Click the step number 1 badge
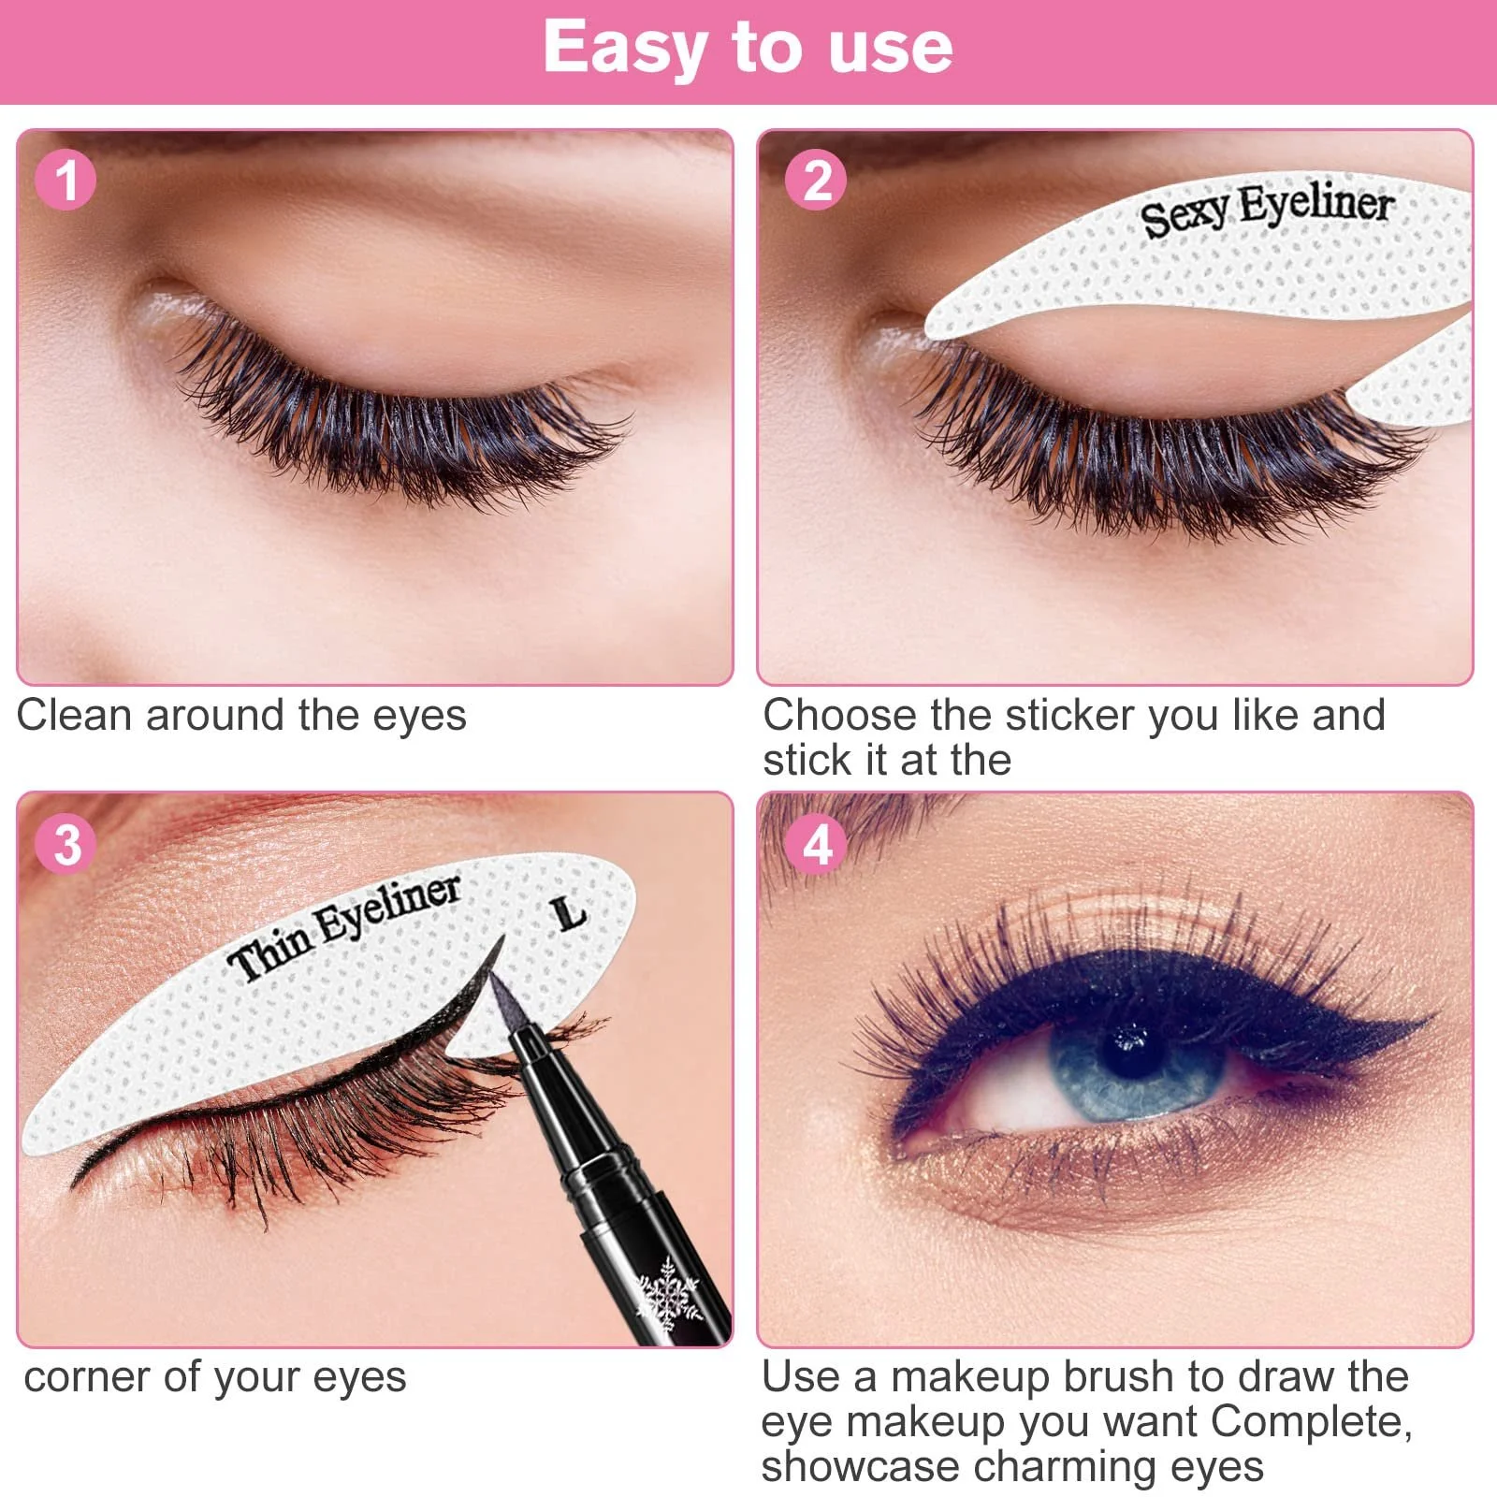65,180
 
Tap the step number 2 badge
816,180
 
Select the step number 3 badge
65,844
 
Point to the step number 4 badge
816,844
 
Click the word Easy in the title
625,49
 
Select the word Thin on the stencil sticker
269,954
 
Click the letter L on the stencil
569,914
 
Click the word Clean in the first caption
73,716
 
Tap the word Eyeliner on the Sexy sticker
1316,204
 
